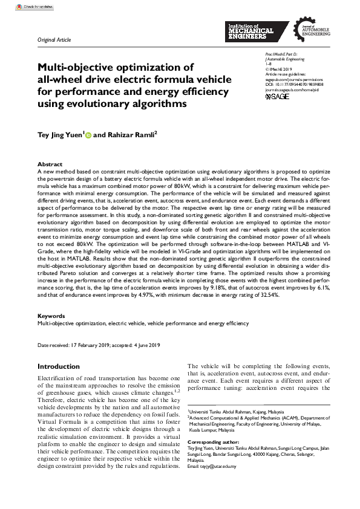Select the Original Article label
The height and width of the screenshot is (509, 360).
[x=54, y=40]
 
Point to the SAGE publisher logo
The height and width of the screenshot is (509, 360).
[x=277, y=96]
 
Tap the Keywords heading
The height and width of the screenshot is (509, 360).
[x=51, y=316]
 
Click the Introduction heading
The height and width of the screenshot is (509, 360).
[x=59, y=366]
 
